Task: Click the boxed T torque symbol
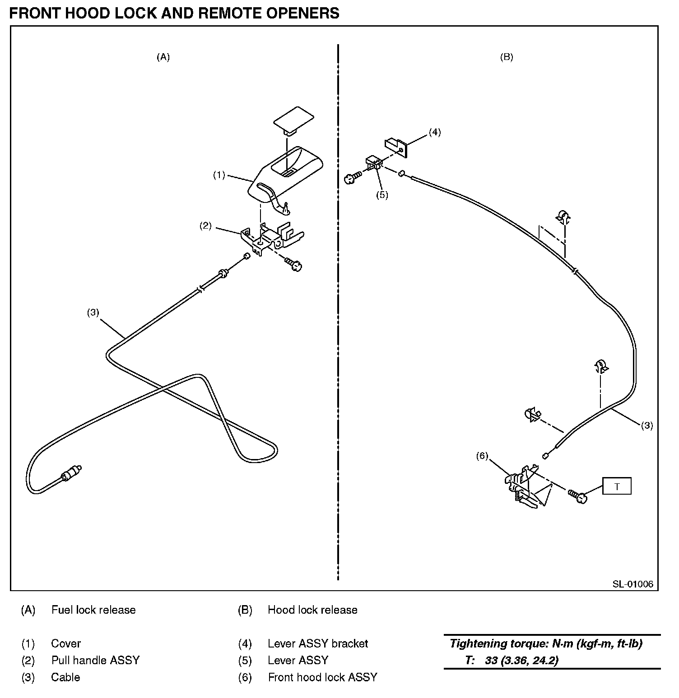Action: tap(617, 487)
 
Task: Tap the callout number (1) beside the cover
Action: tap(219, 175)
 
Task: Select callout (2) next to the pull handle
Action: tap(205, 226)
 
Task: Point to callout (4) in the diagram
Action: tap(434, 132)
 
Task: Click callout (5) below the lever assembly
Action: tap(382, 195)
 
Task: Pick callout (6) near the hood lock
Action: tap(482, 456)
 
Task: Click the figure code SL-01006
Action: tap(632, 584)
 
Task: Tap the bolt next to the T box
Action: tap(578, 496)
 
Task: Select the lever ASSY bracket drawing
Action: tap(396, 146)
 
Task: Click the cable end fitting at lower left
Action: tap(70, 473)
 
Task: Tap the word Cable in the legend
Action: tap(65, 677)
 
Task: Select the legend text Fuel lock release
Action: tap(93, 610)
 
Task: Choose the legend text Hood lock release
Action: tap(312, 610)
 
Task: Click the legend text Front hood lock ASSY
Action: tap(322, 677)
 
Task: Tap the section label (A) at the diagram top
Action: tap(163, 57)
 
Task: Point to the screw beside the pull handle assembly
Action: tap(293, 264)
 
